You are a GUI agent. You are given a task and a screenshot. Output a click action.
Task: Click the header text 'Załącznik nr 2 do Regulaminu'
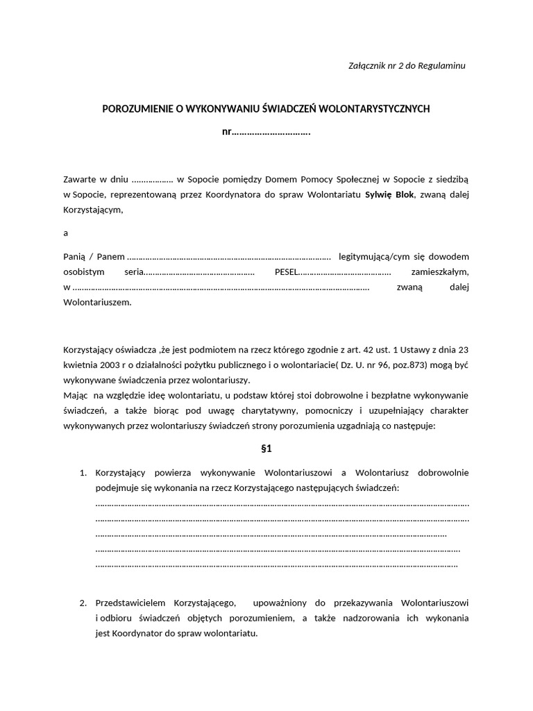pyautogui.click(x=406, y=65)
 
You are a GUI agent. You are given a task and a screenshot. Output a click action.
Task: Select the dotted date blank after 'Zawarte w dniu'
pyautogui.click(x=152, y=179)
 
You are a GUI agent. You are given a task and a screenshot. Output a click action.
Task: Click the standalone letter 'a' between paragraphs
pyautogui.click(x=66, y=233)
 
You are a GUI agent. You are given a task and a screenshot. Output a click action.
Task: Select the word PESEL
pyautogui.click(x=286, y=271)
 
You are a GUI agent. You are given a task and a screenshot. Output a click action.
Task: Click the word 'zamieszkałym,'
pyautogui.click(x=440, y=271)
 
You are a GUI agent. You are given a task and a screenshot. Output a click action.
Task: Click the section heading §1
pyautogui.click(x=266, y=449)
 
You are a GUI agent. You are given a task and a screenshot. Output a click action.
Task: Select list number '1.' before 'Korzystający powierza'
pyautogui.click(x=83, y=473)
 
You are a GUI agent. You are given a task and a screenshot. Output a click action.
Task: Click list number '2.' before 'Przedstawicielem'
pyautogui.click(x=83, y=602)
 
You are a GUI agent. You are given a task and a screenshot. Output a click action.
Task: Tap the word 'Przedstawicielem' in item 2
pyautogui.click(x=130, y=602)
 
